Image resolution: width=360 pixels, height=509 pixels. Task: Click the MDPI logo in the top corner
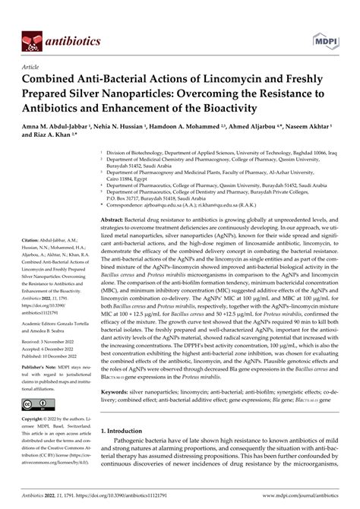pos(328,16)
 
